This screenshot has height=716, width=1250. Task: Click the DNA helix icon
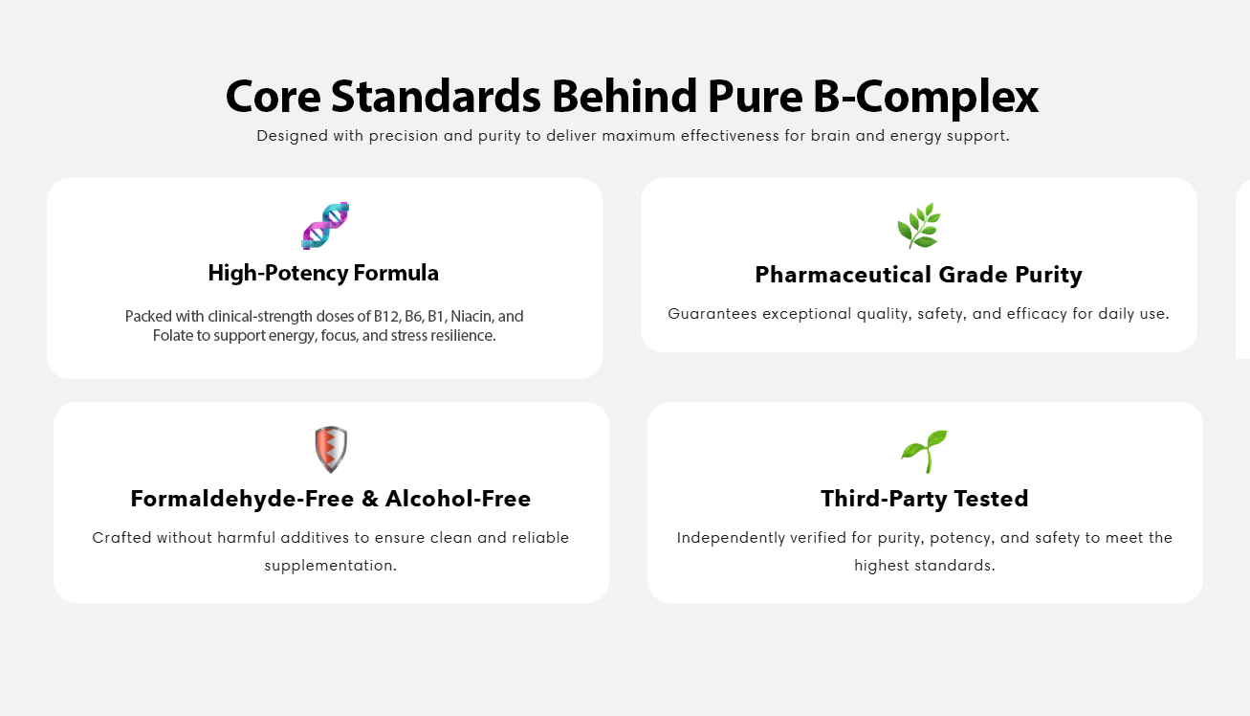click(x=325, y=226)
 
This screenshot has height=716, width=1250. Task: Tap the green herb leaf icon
click(x=919, y=226)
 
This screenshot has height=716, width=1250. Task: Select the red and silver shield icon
click(x=331, y=450)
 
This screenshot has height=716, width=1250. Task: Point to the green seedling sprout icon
click(x=925, y=451)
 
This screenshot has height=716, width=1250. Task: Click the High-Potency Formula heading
click(x=323, y=273)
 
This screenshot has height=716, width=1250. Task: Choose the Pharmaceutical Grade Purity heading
click(x=918, y=275)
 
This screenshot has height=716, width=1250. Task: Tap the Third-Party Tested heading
click(x=925, y=499)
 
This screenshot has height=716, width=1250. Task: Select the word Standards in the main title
click(x=436, y=96)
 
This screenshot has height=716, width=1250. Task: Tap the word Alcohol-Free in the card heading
click(x=458, y=499)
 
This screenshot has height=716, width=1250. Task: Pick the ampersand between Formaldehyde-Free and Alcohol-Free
click(x=370, y=499)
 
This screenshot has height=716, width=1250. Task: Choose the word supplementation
click(x=330, y=566)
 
